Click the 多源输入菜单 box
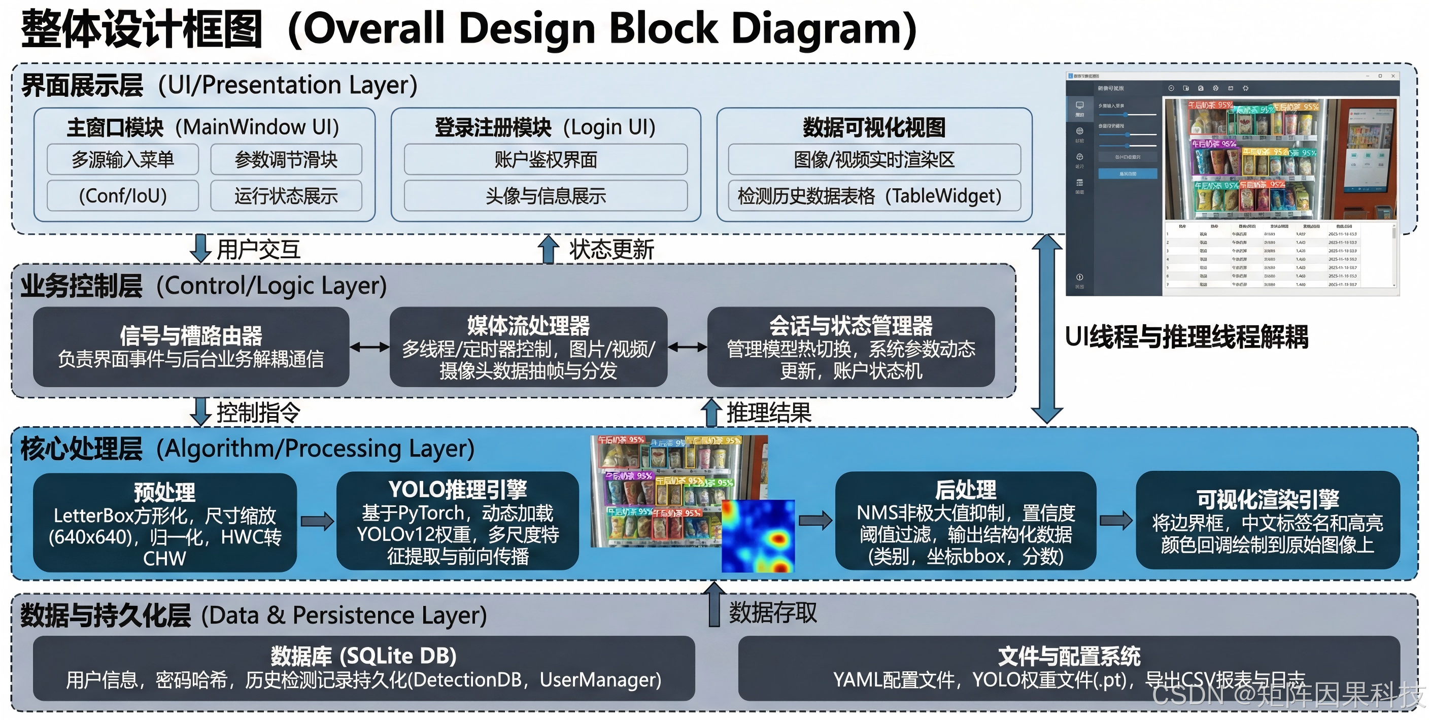coord(123,160)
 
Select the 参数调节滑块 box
coord(286,160)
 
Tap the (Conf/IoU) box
coord(123,196)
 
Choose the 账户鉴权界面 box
coord(546,160)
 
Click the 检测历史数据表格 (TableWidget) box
coord(874,196)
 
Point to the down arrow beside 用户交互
coord(200,249)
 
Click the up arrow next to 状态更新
coord(548,249)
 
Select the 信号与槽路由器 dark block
coord(191,347)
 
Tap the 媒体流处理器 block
coord(528,347)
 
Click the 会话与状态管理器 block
coord(850,347)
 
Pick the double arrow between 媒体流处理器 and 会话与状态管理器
coord(687,348)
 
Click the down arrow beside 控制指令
coord(200,412)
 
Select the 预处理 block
coord(165,523)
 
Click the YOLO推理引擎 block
coord(458,522)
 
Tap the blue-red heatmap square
coord(758,536)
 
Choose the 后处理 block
coord(965,522)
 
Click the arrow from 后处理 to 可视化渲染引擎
coord(1115,520)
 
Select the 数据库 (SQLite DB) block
coord(363,668)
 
